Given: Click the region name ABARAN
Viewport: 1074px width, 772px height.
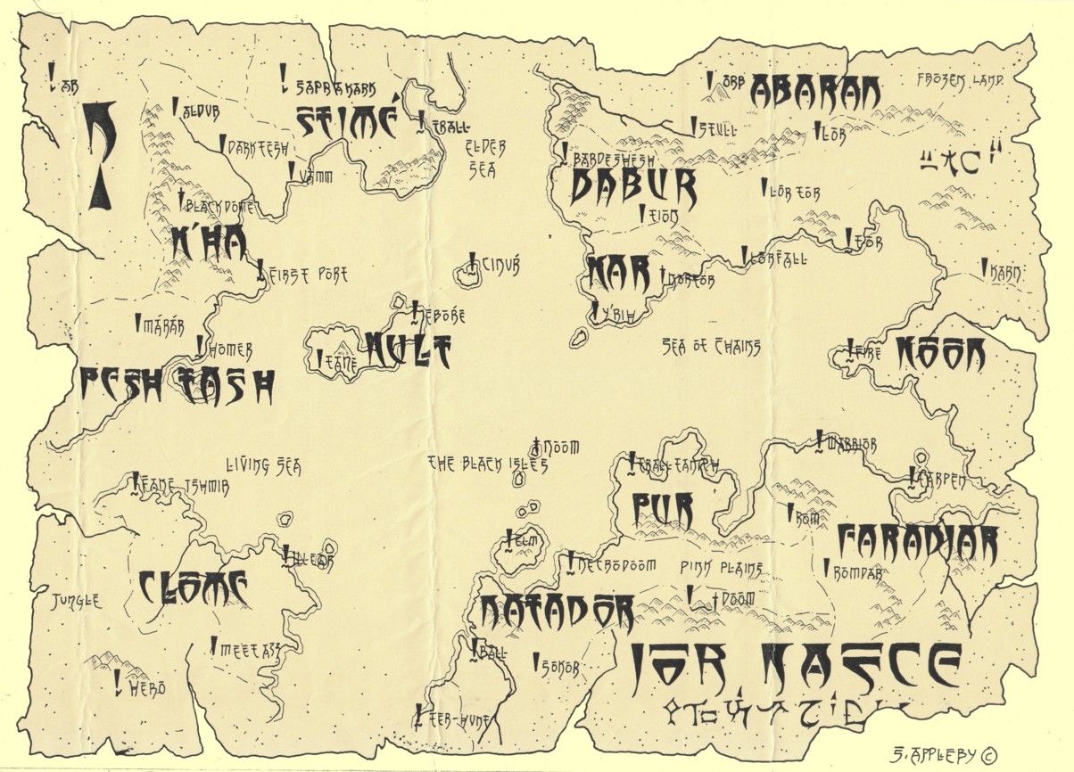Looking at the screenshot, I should click(x=814, y=91).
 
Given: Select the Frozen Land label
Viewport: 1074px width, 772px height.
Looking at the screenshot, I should click(x=960, y=80).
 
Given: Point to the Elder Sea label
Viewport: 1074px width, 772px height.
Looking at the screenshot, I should click(x=487, y=158).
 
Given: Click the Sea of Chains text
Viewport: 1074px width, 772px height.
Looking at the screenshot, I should click(x=711, y=347).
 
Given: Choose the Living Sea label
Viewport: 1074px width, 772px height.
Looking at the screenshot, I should click(x=263, y=464).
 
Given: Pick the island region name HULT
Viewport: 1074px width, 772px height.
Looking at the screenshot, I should click(x=408, y=349).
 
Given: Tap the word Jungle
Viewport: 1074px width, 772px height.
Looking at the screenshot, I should click(x=76, y=602).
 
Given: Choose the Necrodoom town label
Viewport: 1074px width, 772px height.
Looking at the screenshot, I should click(x=616, y=565).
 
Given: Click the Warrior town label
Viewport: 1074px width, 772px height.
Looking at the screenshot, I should click(x=852, y=443).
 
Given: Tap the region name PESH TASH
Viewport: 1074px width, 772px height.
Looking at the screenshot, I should click(x=176, y=385).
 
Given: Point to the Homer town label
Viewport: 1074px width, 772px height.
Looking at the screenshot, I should click(x=230, y=350).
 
